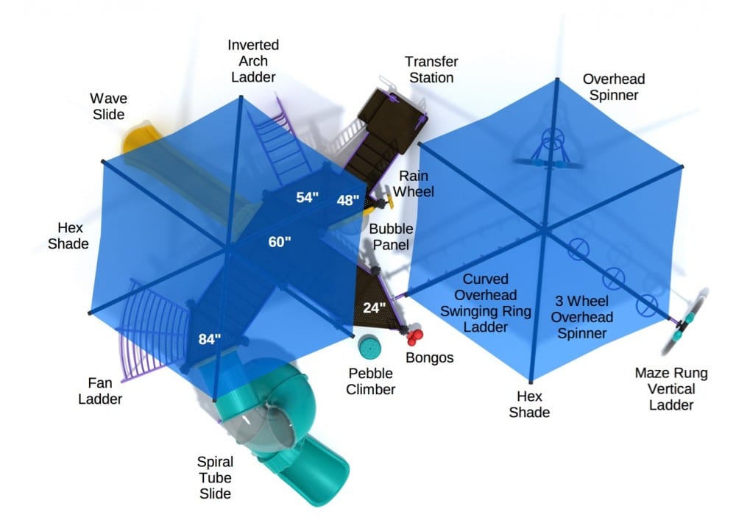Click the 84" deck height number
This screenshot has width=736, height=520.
pyautogui.click(x=210, y=339)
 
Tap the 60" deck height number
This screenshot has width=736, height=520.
pyautogui.click(x=279, y=242)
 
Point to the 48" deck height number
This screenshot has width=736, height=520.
pyautogui.click(x=348, y=200)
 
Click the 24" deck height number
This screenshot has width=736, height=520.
pyautogui.click(x=375, y=308)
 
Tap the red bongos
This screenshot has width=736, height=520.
pyautogui.click(x=416, y=337)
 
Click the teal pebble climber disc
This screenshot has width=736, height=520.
pyautogui.click(x=367, y=345)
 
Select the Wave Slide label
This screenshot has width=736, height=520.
pyautogui.click(x=108, y=106)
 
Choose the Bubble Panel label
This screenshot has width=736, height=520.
pyautogui.click(x=389, y=236)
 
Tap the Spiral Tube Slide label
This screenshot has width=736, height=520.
pyautogui.click(x=215, y=477)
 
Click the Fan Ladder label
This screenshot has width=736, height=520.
pyautogui.click(x=102, y=391)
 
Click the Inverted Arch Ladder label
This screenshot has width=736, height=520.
pyautogui.click(x=252, y=61)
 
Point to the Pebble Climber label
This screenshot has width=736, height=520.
pyautogui.click(x=371, y=381)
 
